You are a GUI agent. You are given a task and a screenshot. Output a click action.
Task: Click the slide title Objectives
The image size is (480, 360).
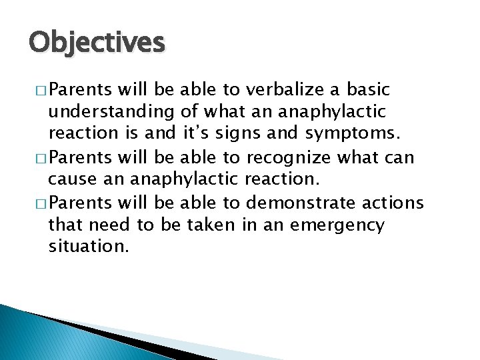pos(97,43)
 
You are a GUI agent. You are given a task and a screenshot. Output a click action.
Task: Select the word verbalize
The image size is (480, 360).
pos(289,89)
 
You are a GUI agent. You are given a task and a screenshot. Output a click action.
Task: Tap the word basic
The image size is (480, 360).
pos(365,89)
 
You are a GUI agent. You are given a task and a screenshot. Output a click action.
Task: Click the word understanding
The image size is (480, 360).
pos(112,113)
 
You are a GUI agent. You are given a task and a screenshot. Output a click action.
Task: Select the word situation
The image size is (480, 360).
pos(87,247)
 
